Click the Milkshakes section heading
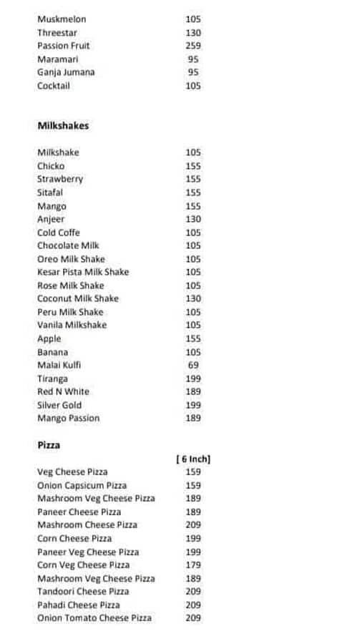(x=63, y=126)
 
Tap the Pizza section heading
(x=49, y=445)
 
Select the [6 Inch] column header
(x=193, y=459)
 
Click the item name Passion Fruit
(x=64, y=46)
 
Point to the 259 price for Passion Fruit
(x=193, y=46)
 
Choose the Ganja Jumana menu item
(x=66, y=72)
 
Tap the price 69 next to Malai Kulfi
(x=193, y=365)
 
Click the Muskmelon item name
(x=62, y=19)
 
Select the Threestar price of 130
(x=193, y=33)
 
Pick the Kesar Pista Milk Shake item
(x=83, y=272)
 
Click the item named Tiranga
(x=52, y=379)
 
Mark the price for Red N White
(x=193, y=391)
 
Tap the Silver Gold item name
(x=59, y=405)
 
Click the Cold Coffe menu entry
(x=59, y=233)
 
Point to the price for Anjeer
(x=193, y=219)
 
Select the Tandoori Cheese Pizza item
(x=83, y=592)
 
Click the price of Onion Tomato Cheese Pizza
(x=193, y=618)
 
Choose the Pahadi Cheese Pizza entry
(x=79, y=605)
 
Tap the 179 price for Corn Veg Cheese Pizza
(x=193, y=565)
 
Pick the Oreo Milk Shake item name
(x=71, y=259)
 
